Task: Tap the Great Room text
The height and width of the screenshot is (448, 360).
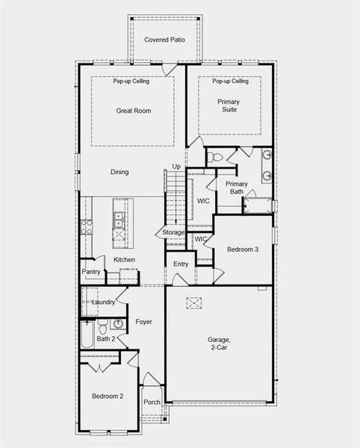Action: [x=133, y=111]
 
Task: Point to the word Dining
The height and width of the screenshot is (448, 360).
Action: [x=120, y=172]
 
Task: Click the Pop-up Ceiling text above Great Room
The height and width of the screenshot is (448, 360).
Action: [x=131, y=81]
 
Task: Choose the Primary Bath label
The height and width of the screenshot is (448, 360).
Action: [x=236, y=187]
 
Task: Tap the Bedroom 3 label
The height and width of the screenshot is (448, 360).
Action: [x=243, y=249]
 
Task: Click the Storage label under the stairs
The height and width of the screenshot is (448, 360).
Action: [x=174, y=233]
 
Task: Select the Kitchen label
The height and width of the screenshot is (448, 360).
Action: [x=124, y=260]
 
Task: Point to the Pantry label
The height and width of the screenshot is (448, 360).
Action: [x=91, y=272]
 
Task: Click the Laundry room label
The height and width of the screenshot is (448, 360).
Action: [x=103, y=302]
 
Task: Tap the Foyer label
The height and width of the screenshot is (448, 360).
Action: [x=143, y=322]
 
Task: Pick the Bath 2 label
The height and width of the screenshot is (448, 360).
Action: [x=106, y=338]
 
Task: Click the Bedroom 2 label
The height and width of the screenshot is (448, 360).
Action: [x=108, y=396]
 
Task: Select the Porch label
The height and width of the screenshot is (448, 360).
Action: [x=152, y=402]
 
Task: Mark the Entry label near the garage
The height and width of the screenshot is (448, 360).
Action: [x=181, y=264]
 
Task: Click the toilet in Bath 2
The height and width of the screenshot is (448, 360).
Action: [x=103, y=326]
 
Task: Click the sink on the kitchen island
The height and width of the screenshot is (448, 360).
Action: [x=118, y=219]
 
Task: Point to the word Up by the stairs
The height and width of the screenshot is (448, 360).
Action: [x=176, y=167]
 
